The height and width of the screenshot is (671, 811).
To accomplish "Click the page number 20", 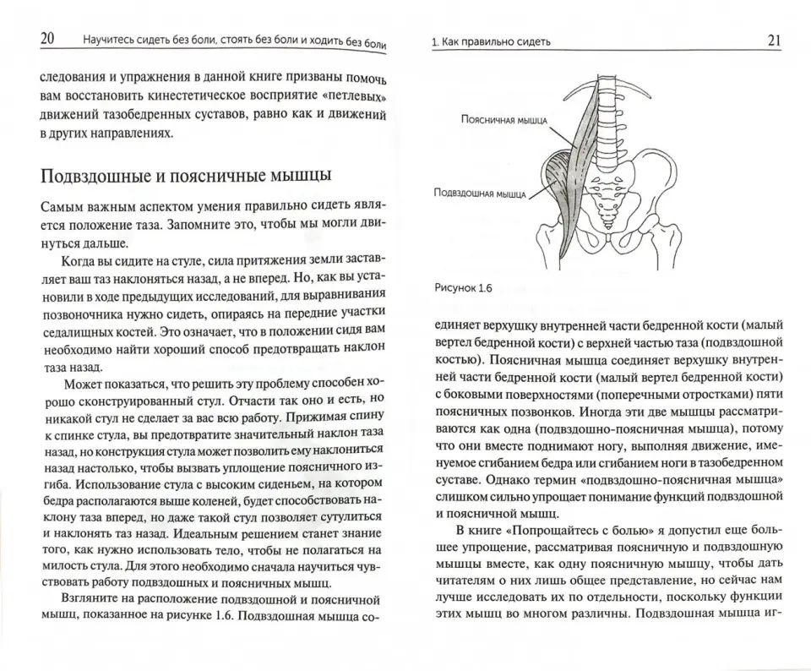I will pyautogui.click(x=48, y=38).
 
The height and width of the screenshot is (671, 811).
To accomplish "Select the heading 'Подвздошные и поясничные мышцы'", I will pyautogui.click(x=186, y=176).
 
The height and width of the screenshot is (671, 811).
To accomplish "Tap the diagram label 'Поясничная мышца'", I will pyautogui.click(x=504, y=120).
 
